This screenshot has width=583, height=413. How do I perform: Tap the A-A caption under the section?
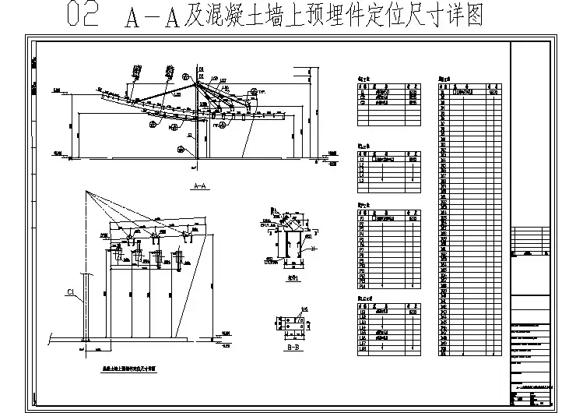pyautogui.click(x=198, y=186)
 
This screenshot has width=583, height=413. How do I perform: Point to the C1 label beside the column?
pyautogui.click(x=71, y=293)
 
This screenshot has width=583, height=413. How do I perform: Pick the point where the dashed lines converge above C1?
pyautogui.click(x=85, y=192)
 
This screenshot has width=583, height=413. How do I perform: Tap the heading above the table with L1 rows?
pyautogui.click(x=363, y=146)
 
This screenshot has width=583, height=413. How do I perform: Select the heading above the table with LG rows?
pyautogui.click(x=363, y=298)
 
